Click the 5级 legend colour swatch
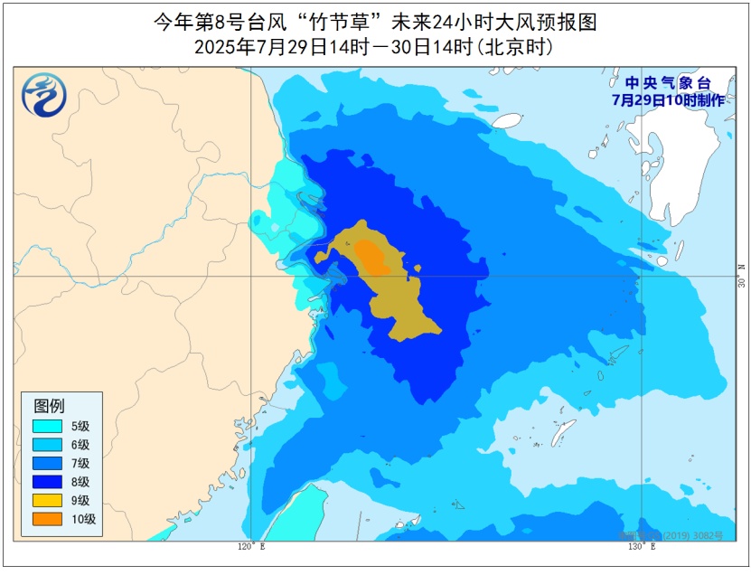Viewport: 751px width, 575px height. pyautogui.click(x=47, y=426)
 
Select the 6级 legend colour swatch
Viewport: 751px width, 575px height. pyautogui.click(x=47, y=445)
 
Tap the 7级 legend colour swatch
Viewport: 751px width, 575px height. pyautogui.click(x=47, y=463)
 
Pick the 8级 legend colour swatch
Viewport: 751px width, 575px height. pyautogui.click(x=47, y=482)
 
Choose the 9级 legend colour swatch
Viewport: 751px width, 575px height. pyautogui.click(x=47, y=500)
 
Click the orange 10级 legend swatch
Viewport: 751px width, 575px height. pyautogui.click(x=47, y=519)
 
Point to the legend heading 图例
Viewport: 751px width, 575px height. pyautogui.click(x=50, y=405)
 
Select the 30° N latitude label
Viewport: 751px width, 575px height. pyautogui.click(x=740, y=276)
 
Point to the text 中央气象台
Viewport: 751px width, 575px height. pyautogui.click(x=668, y=84)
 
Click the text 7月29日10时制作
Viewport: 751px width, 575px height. pyautogui.click(x=668, y=100)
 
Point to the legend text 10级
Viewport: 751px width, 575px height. pyautogui.click(x=84, y=519)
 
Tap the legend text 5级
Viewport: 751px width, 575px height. pyautogui.click(x=81, y=426)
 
